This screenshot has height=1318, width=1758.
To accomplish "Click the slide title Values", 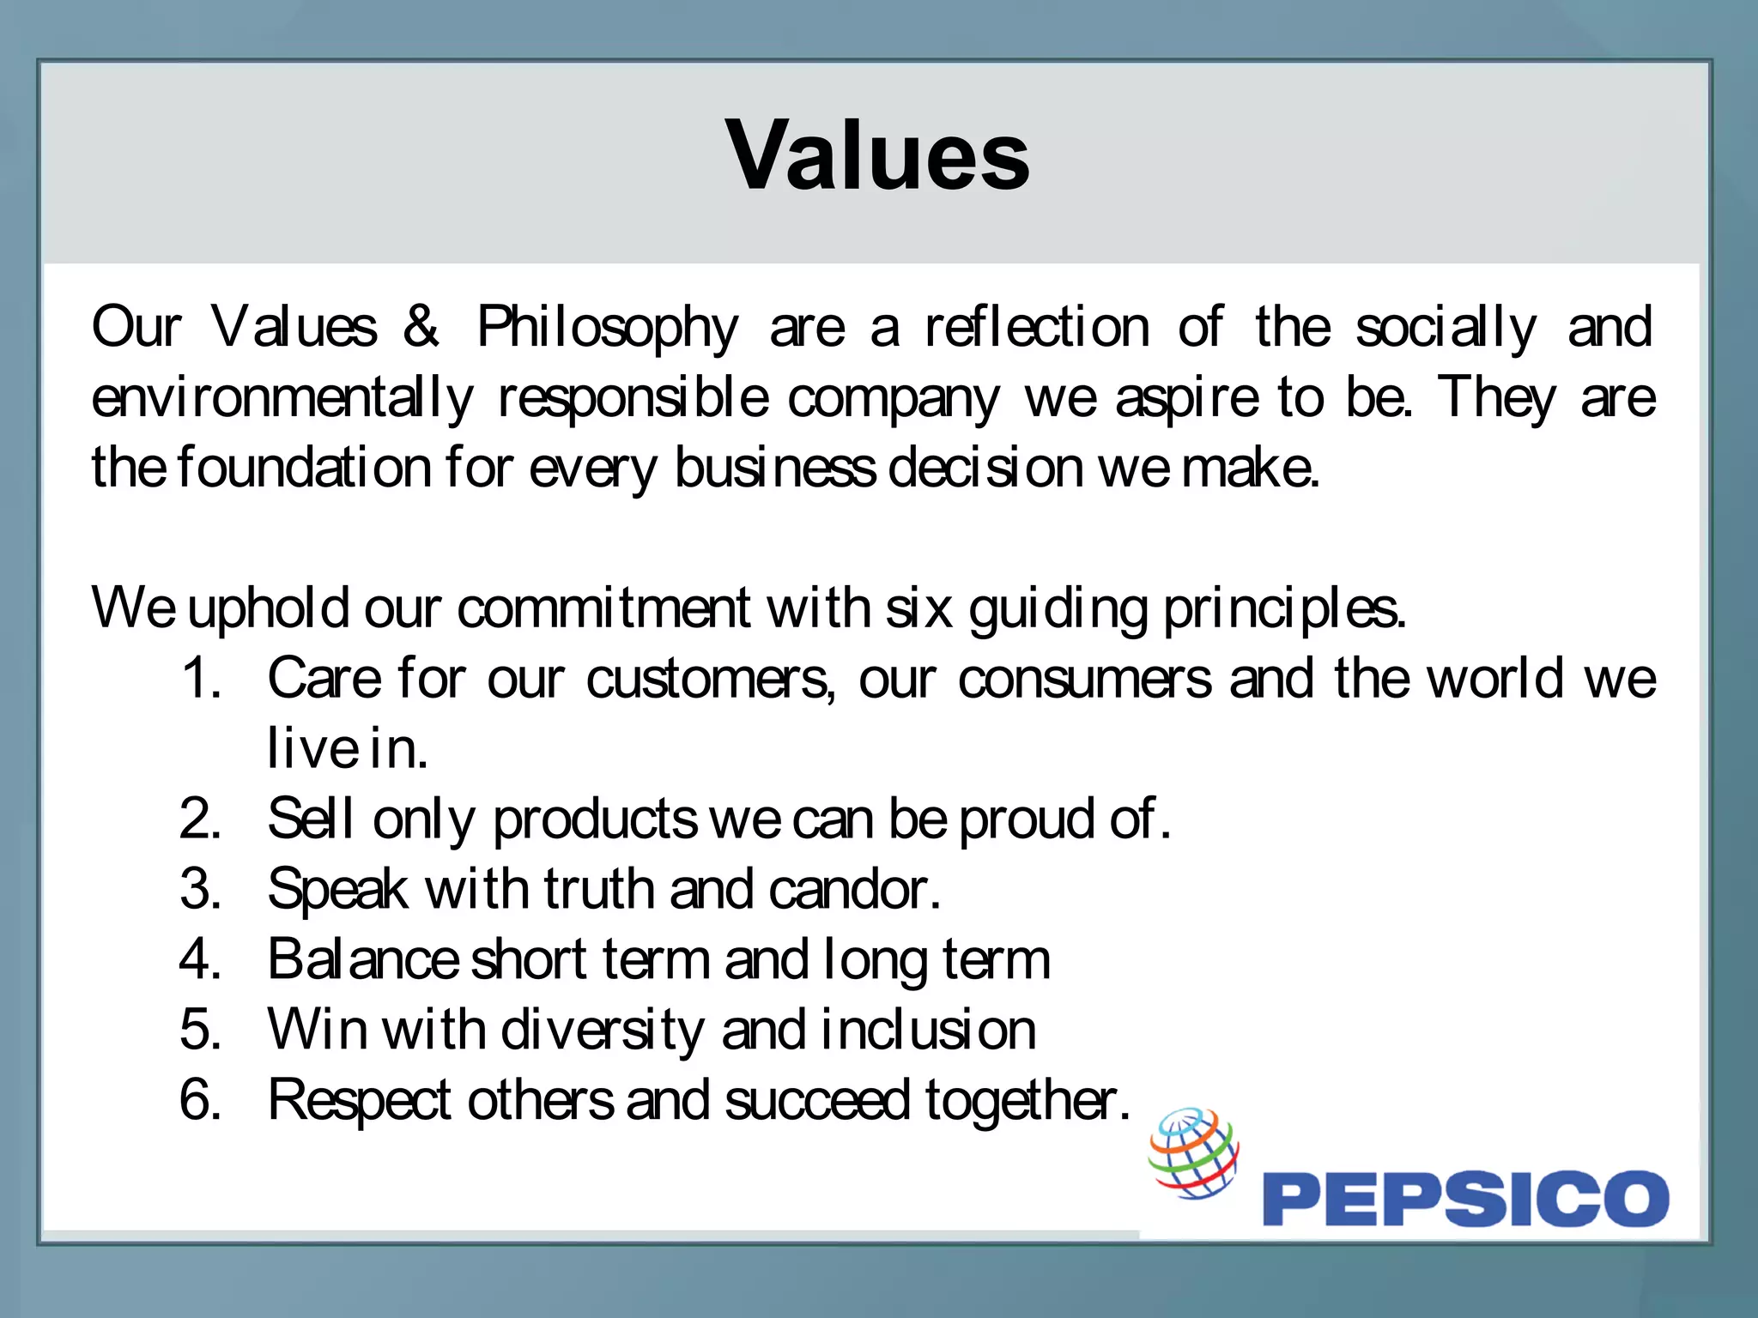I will coord(877,156).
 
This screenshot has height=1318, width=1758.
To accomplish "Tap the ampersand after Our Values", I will coord(421,326).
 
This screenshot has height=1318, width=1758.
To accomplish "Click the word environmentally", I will coord(282,399).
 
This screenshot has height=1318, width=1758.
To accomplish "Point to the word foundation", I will coord(304,469).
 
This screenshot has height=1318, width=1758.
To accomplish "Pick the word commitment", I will coord(603,609).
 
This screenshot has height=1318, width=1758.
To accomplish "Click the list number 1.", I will coord(201,678).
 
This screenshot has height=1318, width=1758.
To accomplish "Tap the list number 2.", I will coord(201,819).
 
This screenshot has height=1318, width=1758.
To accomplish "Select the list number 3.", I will coord(201,889).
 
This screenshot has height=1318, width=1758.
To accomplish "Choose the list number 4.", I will coord(201,959).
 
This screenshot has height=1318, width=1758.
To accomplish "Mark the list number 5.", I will coord(201,1030).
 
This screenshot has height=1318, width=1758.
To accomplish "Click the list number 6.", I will coord(201,1100).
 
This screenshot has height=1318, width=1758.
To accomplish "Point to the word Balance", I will coord(363,959).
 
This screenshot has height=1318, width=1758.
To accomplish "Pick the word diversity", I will coord(602,1031).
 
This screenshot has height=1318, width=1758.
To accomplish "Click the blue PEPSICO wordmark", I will coord(1465,1198).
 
